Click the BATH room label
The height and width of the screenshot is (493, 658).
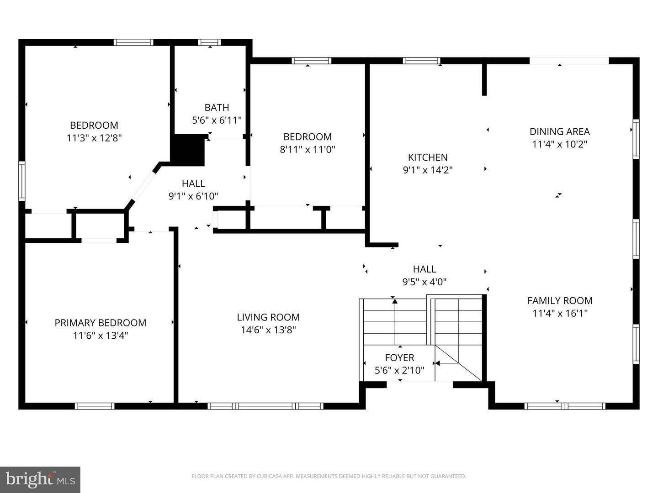(x=217, y=108)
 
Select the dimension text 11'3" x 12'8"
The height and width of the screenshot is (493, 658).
(x=94, y=138)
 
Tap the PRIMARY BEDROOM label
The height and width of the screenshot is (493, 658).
(x=101, y=323)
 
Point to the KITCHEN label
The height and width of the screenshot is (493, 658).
(x=428, y=157)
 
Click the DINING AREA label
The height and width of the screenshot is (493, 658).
(x=559, y=131)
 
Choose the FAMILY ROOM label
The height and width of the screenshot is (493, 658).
(x=560, y=300)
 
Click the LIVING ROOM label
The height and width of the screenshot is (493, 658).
(x=268, y=317)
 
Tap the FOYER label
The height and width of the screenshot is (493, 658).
(x=399, y=358)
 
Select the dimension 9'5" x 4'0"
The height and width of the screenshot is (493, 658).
(x=425, y=282)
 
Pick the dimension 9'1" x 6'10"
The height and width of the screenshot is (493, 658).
(x=193, y=196)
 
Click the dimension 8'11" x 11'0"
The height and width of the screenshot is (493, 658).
(x=308, y=149)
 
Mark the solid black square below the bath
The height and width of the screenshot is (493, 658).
(x=187, y=150)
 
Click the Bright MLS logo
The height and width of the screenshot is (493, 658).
(x=40, y=479)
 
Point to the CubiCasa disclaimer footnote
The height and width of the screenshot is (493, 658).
(x=329, y=476)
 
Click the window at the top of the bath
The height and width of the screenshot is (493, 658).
(x=209, y=42)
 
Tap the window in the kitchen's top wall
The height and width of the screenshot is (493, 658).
(x=421, y=61)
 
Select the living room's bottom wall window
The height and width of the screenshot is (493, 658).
(x=265, y=406)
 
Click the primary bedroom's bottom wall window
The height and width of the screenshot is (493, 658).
(x=95, y=406)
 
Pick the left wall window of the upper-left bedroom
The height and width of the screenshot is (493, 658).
(x=21, y=181)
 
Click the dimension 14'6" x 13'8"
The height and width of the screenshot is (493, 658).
(x=268, y=330)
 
